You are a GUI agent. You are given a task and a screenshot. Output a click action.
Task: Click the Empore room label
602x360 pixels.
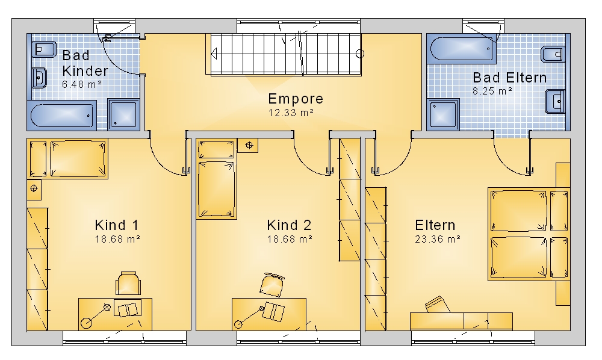(x=296, y=99)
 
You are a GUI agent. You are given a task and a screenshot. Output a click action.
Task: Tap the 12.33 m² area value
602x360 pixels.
(x=291, y=113)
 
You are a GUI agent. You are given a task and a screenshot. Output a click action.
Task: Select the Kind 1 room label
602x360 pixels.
(x=117, y=225)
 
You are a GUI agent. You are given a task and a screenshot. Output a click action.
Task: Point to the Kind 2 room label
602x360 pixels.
(x=289, y=225)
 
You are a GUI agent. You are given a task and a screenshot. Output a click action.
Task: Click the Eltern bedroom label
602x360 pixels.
(x=435, y=225)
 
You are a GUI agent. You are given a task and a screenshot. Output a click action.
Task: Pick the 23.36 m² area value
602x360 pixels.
(x=438, y=239)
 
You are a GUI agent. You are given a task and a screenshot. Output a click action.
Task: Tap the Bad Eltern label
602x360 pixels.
(x=509, y=78)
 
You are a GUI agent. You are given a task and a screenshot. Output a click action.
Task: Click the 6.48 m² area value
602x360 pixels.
(x=82, y=84)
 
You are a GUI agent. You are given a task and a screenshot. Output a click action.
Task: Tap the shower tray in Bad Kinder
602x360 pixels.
(x=123, y=114)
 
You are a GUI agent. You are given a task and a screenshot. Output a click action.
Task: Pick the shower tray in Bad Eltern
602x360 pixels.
(x=444, y=114)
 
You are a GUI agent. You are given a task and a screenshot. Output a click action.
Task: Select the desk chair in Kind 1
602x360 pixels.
(x=128, y=283)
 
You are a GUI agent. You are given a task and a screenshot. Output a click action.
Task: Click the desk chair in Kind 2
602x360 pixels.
(x=272, y=284)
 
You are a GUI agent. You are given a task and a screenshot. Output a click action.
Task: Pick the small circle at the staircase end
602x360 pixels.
(x=360, y=54)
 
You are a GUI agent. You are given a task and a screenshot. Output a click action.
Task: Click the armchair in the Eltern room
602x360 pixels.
(x=437, y=305)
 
